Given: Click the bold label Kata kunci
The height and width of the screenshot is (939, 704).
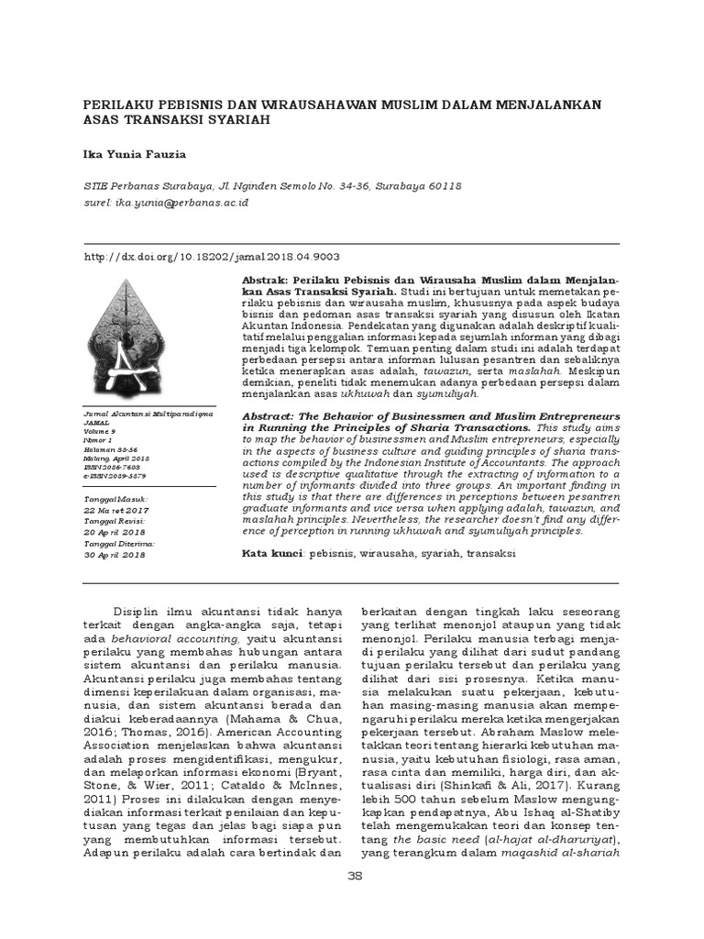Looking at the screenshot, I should [x=272, y=555].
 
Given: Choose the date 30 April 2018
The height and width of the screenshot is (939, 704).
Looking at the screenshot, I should [x=114, y=555].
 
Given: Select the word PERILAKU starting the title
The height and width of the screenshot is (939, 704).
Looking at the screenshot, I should [x=115, y=104].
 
